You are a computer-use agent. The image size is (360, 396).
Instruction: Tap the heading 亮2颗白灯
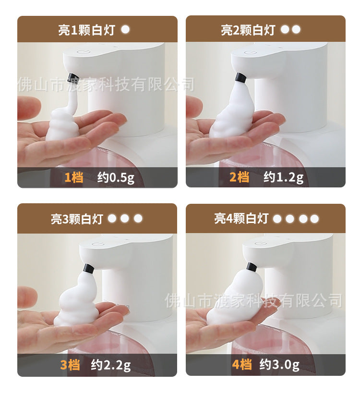[x=248, y=30]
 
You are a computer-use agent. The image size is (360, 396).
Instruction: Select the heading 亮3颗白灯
[x=77, y=219]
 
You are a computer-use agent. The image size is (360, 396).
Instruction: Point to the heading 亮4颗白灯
[x=241, y=219]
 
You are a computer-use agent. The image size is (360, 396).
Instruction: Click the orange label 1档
[x=74, y=178]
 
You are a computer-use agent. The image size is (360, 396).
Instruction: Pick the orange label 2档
[x=240, y=178]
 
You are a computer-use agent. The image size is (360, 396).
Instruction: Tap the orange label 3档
[x=70, y=365]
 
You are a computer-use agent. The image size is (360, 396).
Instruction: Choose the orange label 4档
[x=241, y=365]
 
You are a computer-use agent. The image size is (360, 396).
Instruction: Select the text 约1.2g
[x=284, y=178]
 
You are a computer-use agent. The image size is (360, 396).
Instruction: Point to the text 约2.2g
[x=111, y=365]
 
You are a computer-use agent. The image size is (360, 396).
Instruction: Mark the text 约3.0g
[x=279, y=365]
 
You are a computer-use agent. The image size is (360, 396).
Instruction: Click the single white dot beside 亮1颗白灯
[x=125, y=29]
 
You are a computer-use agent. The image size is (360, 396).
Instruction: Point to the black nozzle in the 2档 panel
[x=240, y=77]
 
